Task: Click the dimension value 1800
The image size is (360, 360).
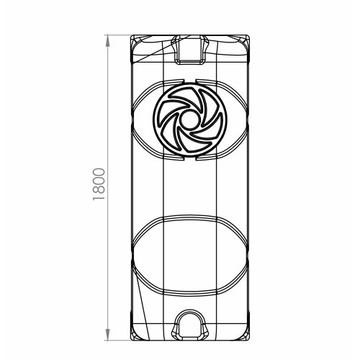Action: pos(99,184)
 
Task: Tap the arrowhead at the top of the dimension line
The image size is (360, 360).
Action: pos(107,41)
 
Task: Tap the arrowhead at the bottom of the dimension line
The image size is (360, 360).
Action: pos(107,334)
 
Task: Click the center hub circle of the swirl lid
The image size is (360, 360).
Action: pos(189,120)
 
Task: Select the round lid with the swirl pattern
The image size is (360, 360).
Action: pos(189,120)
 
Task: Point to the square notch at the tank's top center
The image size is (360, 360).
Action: pos(189,50)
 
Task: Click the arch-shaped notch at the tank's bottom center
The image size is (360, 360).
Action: pos(189,325)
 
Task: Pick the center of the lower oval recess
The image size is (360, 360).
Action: pos(189,256)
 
